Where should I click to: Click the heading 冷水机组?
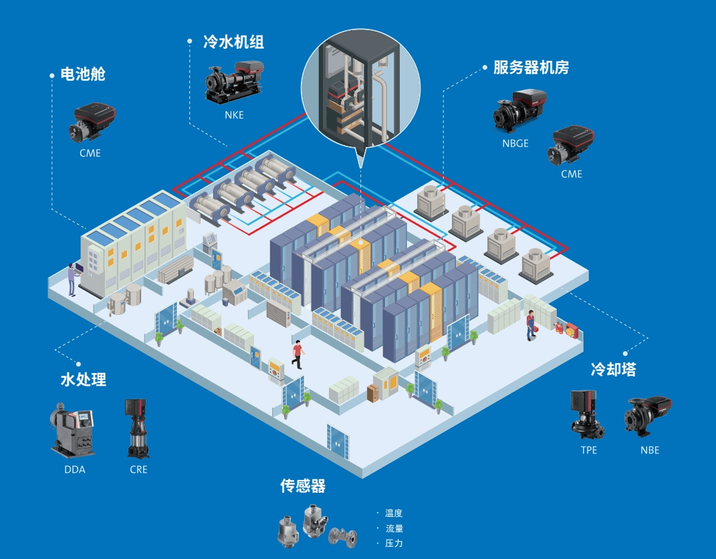tap(233, 42)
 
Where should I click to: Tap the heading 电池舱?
tap(83, 74)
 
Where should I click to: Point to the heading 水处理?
tap(84, 380)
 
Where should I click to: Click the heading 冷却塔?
tap(613, 368)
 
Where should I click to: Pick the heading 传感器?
tap(303, 486)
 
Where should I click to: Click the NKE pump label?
tap(234, 115)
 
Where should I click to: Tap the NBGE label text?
tap(515, 143)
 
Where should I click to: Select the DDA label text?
tap(75, 469)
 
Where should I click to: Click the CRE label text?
tap(138, 469)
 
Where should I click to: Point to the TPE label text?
tap(589, 450)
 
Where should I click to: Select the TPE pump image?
tap(586, 415)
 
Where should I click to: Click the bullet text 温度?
tap(394, 514)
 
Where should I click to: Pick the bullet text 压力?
tap(394, 544)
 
